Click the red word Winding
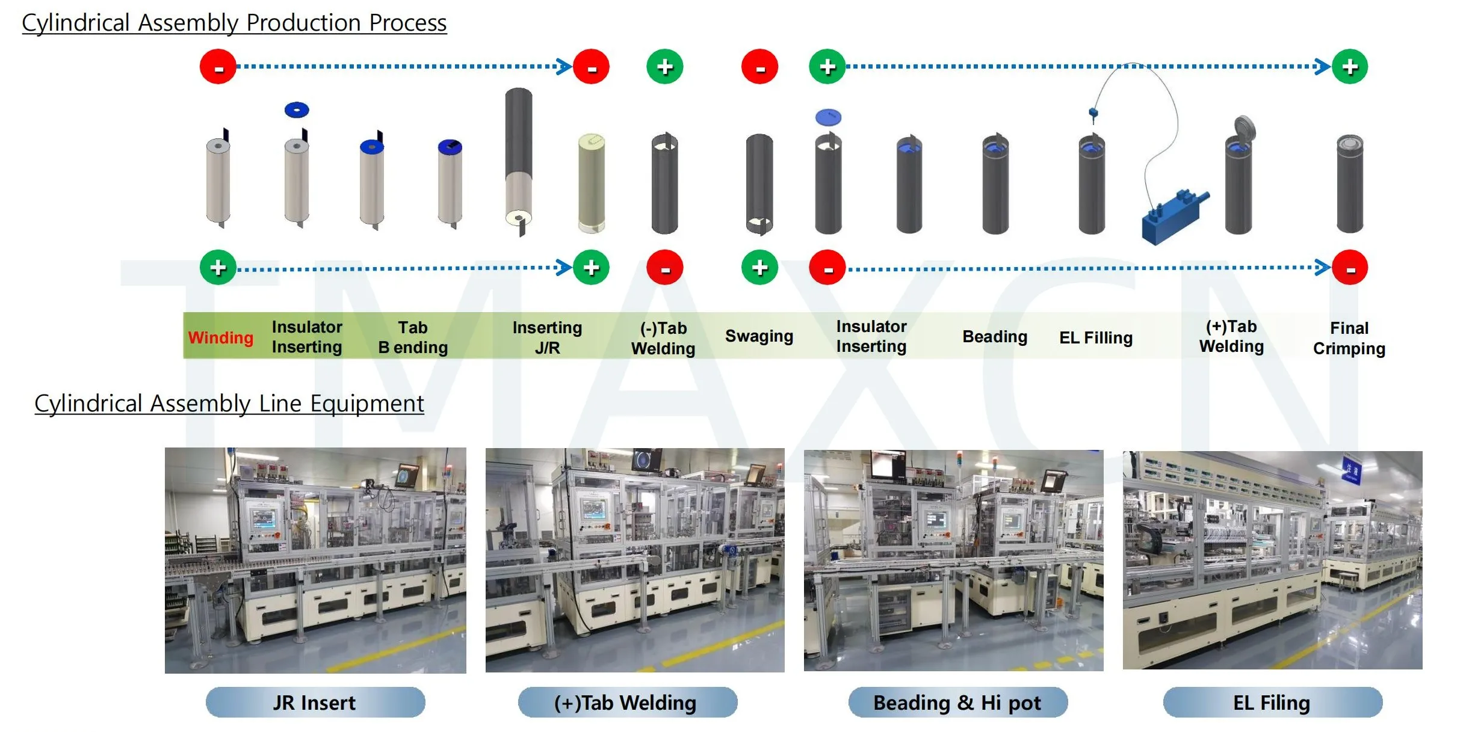220,337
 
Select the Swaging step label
758,336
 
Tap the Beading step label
994,337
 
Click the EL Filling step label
1095,338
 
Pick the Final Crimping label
1349,338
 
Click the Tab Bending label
413,337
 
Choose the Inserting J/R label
547,337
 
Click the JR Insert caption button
315,703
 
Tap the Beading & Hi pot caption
957,703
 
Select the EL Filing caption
1272,703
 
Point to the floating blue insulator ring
297,110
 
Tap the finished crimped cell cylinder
1349,183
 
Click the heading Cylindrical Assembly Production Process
234,23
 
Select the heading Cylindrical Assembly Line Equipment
229,404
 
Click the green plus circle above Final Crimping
1349,67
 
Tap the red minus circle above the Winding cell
218,67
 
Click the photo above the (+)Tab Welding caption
635,560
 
